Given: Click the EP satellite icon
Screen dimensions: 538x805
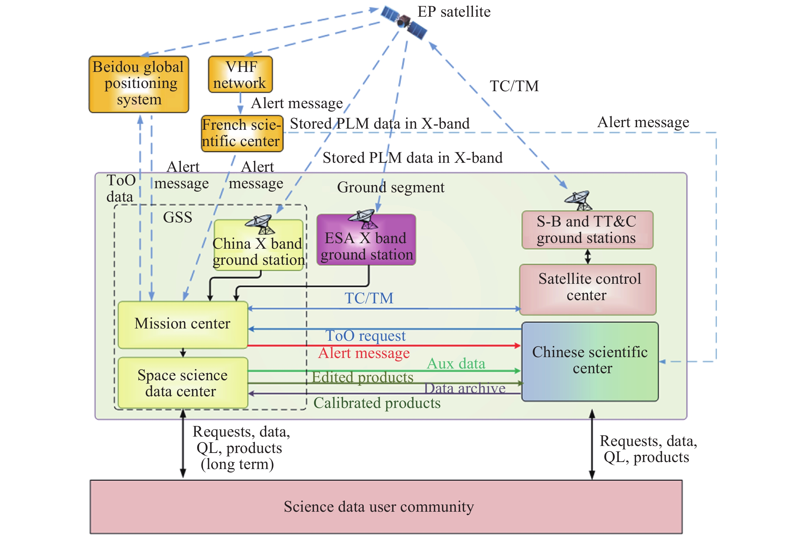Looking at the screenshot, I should click(x=404, y=22).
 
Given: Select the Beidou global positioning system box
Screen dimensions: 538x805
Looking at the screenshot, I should click(x=138, y=84).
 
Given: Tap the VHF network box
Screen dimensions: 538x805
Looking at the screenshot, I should click(x=240, y=75).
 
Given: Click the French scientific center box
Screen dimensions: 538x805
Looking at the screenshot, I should click(x=242, y=134).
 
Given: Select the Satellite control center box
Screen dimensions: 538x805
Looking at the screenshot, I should click(x=588, y=289).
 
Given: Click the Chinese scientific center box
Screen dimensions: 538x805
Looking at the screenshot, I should click(x=590, y=361).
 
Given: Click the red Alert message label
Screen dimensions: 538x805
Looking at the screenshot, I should click(x=364, y=353).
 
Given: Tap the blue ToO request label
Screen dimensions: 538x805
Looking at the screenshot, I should click(x=365, y=335).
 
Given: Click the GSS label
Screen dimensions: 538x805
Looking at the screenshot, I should click(x=177, y=217).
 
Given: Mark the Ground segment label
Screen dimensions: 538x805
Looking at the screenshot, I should click(x=391, y=187).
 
